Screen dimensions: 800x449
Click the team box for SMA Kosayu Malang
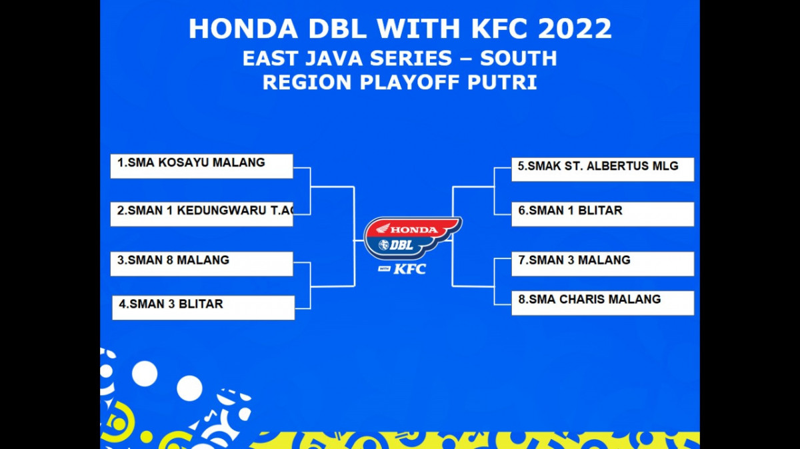(x=202, y=167)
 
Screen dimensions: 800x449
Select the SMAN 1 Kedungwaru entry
(x=202, y=214)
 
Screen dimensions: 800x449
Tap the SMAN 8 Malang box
(x=202, y=264)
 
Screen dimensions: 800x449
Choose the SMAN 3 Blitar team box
(x=203, y=308)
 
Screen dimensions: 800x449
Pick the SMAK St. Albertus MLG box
(x=603, y=169)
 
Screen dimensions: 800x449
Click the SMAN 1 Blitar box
(x=603, y=214)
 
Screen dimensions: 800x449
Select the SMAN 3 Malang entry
(x=603, y=264)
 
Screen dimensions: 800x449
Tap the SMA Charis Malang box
(x=603, y=303)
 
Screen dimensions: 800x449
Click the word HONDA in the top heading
(x=243, y=29)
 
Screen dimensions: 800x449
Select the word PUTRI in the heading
(x=502, y=83)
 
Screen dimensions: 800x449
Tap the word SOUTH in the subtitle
(x=519, y=58)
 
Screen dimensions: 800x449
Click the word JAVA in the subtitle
(x=333, y=58)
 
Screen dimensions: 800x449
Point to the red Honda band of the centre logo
(x=413, y=228)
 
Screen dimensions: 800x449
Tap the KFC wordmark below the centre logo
(x=409, y=269)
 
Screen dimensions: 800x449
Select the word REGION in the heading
(x=307, y=83)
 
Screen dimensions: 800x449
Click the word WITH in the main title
(x=419, y=29)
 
